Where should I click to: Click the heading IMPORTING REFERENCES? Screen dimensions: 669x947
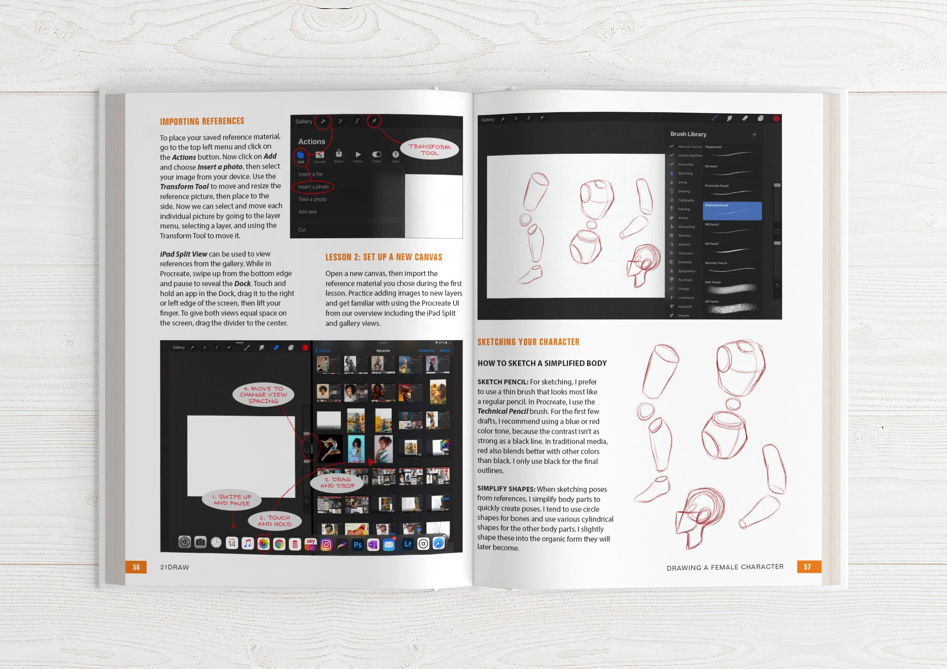[202, 121]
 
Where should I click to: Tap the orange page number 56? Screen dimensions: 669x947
[136, 567]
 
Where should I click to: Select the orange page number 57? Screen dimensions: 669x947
[807, 567]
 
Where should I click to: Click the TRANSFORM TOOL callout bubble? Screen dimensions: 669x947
[429, 149]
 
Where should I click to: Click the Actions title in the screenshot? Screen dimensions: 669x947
[311, 141]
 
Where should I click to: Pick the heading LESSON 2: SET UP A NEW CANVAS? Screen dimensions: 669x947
[384, 257]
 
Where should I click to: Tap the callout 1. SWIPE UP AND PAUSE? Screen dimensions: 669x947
[232, 500]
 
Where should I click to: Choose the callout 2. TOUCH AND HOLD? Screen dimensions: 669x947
[274, 520]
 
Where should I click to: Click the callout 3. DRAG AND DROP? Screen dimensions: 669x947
[337, 483]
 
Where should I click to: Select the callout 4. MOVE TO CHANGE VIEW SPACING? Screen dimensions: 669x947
[263, 395]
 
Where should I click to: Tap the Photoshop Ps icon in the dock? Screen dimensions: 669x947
[358, 544]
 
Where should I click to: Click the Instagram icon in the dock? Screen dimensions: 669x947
[326, 544]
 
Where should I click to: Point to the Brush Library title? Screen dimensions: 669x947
[688, 134]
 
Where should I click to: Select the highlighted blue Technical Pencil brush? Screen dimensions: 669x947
[732, 211]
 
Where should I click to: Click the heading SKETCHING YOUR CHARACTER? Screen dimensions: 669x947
[528, 342]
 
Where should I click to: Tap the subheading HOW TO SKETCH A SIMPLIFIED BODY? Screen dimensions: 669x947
[542, 363]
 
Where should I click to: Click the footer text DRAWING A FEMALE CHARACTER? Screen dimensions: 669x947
[725, 567]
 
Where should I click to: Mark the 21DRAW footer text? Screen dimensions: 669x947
[175, 567]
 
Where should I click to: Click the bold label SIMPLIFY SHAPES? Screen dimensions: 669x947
[506, 489]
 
